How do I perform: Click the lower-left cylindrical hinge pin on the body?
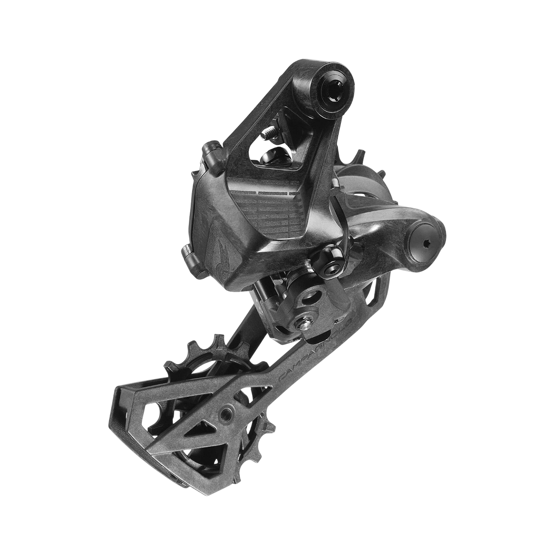(x=191, y=256)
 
